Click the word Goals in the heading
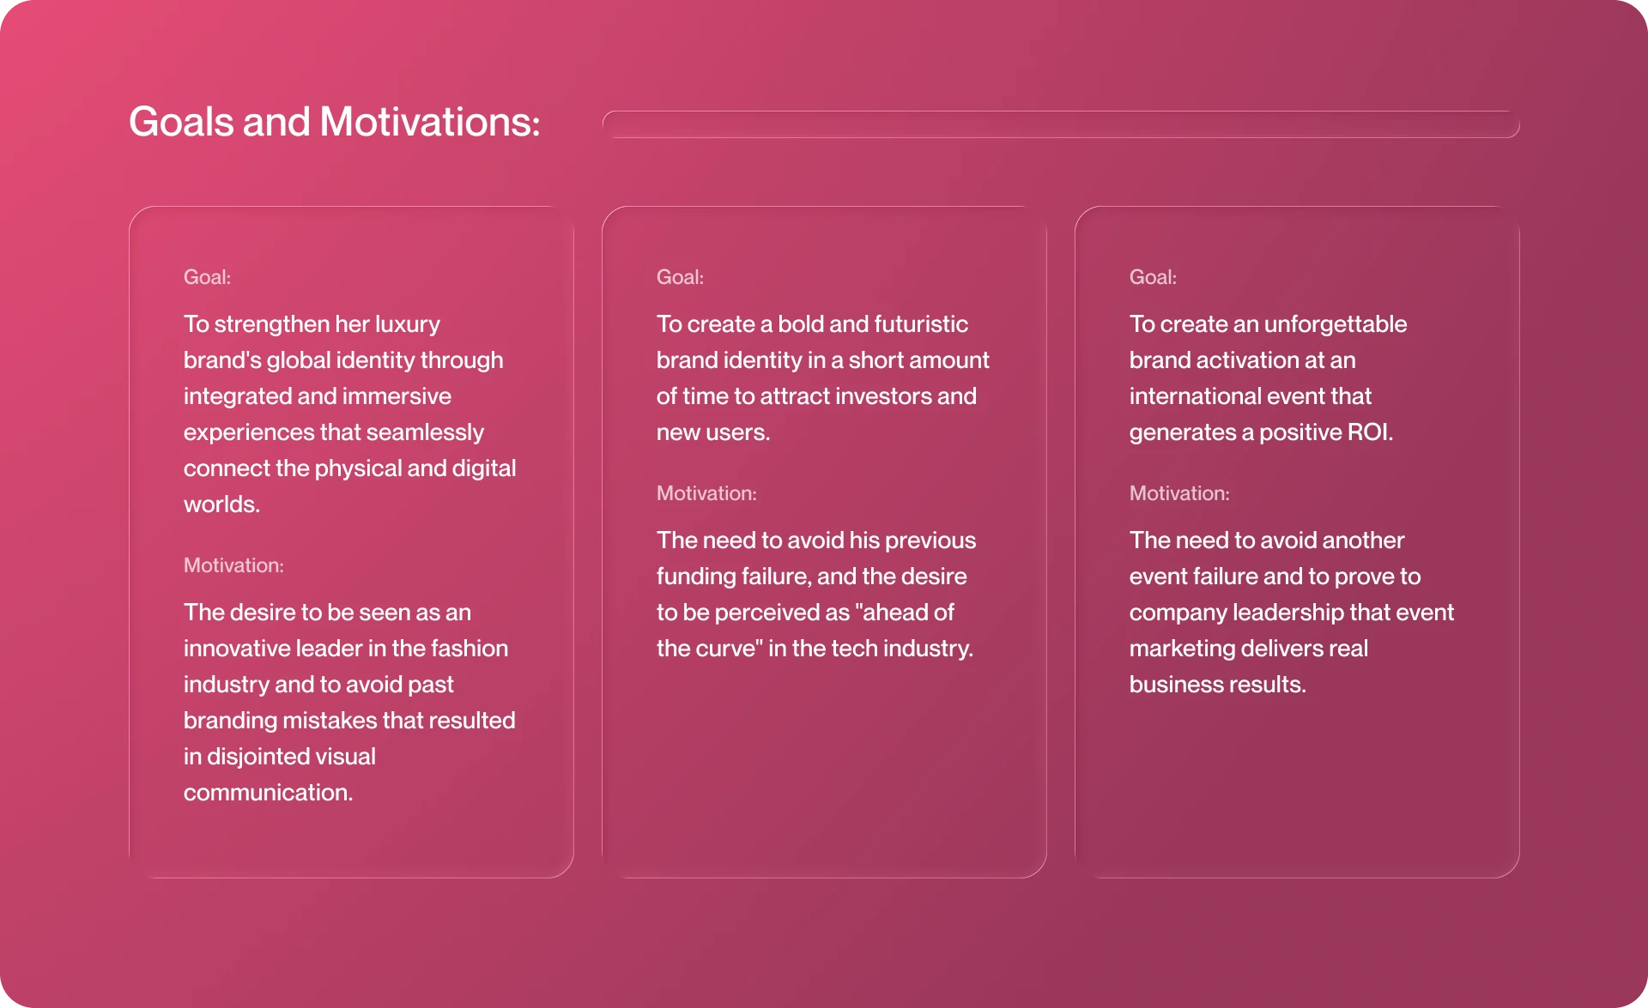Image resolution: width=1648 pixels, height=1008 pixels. (181, 122)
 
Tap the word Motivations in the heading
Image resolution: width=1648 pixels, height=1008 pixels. (429, 122)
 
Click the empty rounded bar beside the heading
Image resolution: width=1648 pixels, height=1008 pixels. (1061, 124)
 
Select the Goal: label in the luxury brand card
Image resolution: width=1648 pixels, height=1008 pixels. (207, 277)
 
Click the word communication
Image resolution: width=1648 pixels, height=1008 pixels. (268, 793)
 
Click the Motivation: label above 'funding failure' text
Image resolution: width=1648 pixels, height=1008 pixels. (706, 493)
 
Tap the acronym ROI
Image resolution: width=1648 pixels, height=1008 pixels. (1369, 432)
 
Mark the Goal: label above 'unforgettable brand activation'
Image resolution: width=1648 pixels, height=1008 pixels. (1153, 277)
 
